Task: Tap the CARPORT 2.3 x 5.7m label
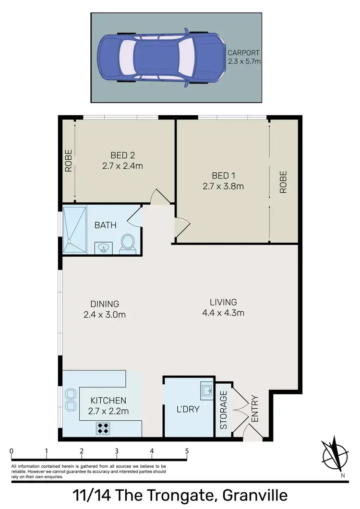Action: tap(244, 57)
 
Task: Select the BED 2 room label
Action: tap(122, 155)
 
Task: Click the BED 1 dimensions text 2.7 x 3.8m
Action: tap(223, 186)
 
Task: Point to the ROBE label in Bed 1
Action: tap(283, 182)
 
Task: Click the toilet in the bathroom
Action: tap(128, 241)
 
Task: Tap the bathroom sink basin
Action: tap(103, 248)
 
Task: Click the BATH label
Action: tap(106, 225)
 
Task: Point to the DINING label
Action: tap(105, 304)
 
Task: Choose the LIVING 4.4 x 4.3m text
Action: tap(223, 308)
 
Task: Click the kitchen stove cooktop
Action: tap(103, 427)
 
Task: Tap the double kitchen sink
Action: tap(71, 400)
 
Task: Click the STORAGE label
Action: tap(223, 410)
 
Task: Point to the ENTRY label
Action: tap(254, 409)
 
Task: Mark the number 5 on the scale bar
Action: tap(187, 451)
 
